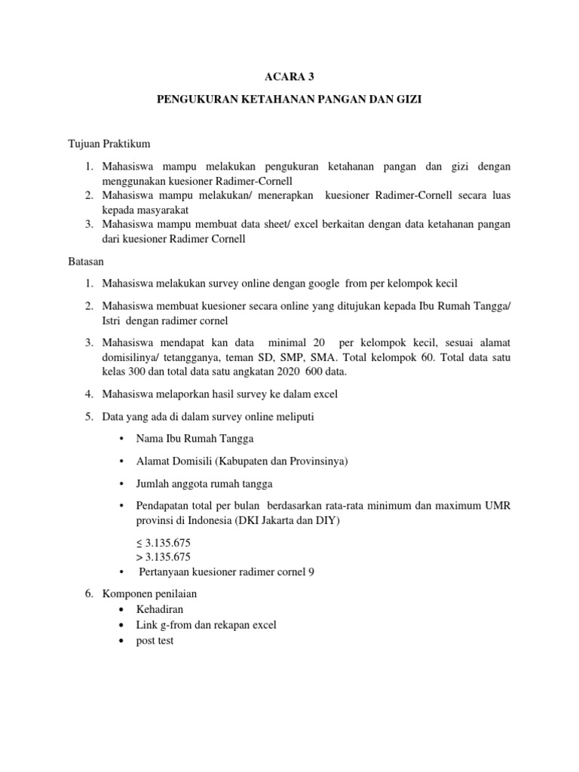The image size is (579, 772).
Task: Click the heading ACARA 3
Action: coord(289,75)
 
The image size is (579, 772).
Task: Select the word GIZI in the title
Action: coord(409,99)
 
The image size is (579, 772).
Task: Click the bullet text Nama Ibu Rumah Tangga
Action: coord(195,438)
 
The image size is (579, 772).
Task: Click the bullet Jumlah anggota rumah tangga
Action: coord(204,483)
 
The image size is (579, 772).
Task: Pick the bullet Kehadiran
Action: coord(159,609)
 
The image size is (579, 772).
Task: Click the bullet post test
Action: coord(155,640)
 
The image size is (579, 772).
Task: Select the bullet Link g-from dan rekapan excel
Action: coord(206,624)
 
